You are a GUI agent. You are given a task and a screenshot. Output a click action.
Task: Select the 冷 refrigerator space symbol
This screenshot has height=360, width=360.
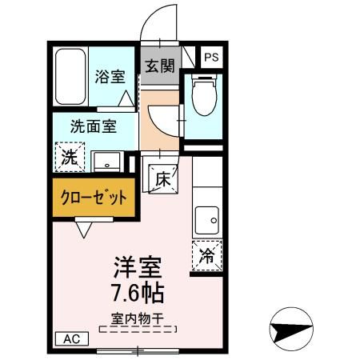[x=206, y=256]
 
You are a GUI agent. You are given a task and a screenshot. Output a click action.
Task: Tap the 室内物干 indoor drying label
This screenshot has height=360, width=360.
[x=136, y=318]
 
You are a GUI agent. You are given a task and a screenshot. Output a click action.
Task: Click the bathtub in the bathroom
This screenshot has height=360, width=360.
[x=71, y=78]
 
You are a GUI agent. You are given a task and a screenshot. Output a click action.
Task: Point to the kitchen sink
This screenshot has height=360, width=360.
[x=207, y=218]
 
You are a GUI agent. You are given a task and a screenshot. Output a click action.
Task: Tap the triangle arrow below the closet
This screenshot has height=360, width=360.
[x=85, y=230]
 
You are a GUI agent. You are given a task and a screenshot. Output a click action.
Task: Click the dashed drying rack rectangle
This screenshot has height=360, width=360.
[x=136, y=328]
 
